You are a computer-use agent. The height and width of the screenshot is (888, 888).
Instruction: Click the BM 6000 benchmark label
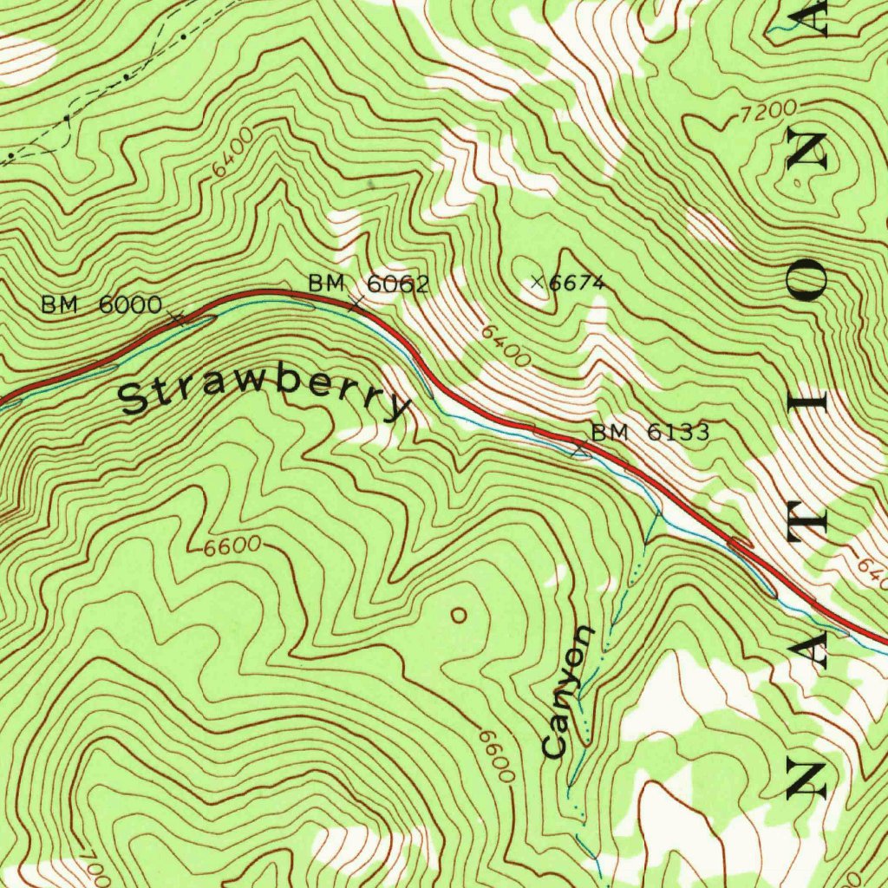(x=101, y=304)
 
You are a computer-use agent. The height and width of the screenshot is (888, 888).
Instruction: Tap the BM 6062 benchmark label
(x=369, y=284)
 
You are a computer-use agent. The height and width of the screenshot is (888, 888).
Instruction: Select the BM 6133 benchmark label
(x=650, y=432)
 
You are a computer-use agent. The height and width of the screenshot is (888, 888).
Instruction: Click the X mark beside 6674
(x=538, y=281)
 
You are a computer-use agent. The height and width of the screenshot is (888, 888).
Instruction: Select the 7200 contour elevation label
(x=768, y=109)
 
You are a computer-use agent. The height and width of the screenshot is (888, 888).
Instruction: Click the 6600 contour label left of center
(x=232, y=546)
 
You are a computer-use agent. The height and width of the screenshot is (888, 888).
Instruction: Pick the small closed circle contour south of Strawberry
(x=459, y=615)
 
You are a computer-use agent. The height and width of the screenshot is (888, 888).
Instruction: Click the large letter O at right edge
(x=813, y=282)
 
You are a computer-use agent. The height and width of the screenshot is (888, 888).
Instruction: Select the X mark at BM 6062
(x=356, y=302)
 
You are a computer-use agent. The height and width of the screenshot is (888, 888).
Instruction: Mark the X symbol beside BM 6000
(x=178, y=317)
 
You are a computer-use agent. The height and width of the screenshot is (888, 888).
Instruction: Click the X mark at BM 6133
(x=579, y=448)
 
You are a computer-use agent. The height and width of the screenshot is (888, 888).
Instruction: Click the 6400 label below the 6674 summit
(x=506, y=345)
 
